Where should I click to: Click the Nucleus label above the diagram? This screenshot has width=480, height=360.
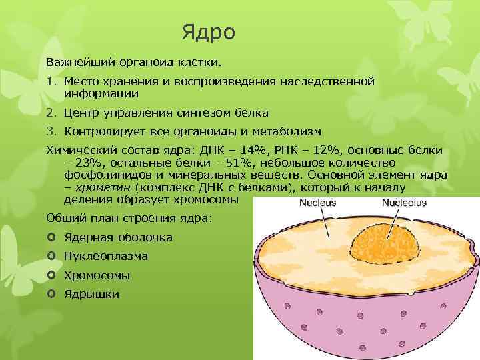click(x=317, y=203)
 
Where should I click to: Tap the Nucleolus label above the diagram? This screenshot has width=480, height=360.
click(x=404, y=203)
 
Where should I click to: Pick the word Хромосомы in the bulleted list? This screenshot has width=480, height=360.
click(x=97, y=275)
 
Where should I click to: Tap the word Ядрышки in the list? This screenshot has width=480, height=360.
click(x=91, y=294)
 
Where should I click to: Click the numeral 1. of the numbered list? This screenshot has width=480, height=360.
click(x=52, y=81)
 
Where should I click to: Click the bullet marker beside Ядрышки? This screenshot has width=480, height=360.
click(x=52, y=294)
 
